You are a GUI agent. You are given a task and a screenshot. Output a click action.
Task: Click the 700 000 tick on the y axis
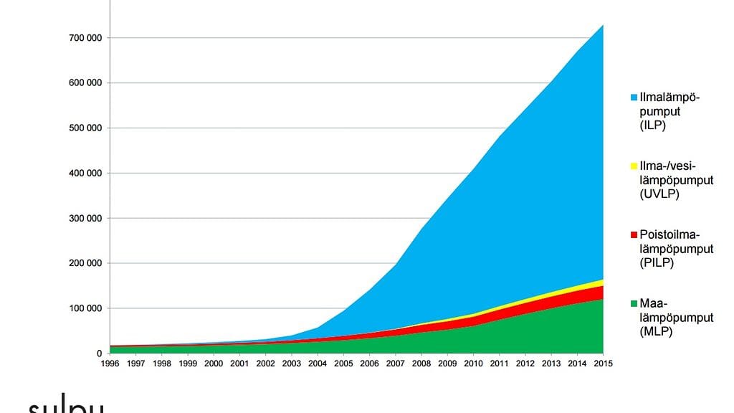(x=83, y=37)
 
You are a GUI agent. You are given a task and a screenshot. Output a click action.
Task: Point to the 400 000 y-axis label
(x=83, y=173)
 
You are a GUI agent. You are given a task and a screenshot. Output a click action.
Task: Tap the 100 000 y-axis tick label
(x=83, y=308)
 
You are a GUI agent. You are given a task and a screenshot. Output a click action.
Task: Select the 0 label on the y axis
(x=99, y=353)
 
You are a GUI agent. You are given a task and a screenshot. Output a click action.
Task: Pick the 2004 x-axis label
(x=318, y=364)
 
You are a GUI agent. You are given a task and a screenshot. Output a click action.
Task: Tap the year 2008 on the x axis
(x=422, y=364)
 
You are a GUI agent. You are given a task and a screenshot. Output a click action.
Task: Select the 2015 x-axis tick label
(x=603, y=364)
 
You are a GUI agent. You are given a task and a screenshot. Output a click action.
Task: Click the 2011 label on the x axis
(x=499, y=364)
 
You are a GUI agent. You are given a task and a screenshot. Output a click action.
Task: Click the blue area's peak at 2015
(x=602, y=27)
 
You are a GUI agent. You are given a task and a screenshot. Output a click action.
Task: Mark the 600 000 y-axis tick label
(x=83, y=82)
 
